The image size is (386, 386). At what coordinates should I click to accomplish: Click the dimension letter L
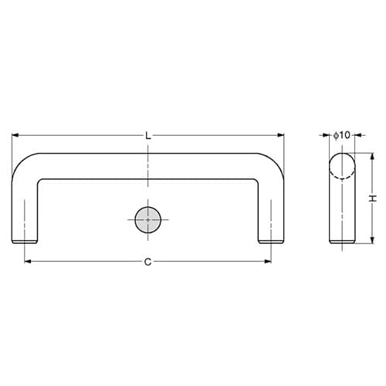(x=148, y=136)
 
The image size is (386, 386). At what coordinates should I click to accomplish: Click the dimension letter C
(x=147, y=262)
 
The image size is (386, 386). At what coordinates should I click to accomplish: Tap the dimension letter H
(x=373, y=198)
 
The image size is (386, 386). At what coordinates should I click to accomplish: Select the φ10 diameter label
(x=342, y=135)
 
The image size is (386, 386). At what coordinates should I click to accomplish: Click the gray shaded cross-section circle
(x=148, y=220)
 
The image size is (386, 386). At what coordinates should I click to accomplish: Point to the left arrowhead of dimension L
(x=15, y=135)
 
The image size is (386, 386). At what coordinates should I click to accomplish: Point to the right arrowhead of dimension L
(x=281, y=135)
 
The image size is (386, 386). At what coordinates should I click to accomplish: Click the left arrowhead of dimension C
(x=28, y=262)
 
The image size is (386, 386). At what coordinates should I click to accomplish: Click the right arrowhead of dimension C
(x=268, y=262)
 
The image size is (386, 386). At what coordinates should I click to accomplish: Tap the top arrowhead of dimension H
(x=372, y=157)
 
